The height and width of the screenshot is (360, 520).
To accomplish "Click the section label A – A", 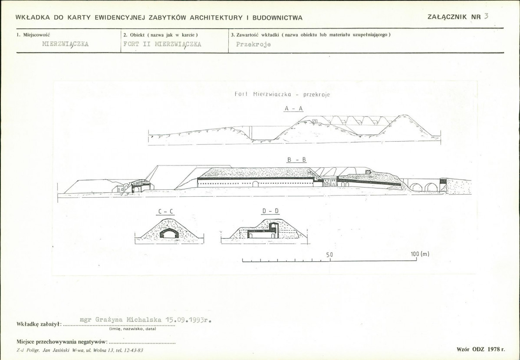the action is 293,109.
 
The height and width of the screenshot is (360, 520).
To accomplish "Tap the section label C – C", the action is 165,211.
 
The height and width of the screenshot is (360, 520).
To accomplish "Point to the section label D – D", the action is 270,211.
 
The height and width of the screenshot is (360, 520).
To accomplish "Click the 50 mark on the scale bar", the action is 329,254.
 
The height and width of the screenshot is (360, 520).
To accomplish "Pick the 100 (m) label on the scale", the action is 420,254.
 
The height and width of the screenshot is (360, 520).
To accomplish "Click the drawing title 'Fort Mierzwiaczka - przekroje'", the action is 282,94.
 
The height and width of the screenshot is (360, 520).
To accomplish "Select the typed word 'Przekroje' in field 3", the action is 253,44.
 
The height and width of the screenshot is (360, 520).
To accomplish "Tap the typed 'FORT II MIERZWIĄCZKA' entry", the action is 162,44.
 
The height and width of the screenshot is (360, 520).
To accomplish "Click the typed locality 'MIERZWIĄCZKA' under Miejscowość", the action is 66,44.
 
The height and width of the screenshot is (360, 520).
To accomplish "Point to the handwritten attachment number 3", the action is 486,16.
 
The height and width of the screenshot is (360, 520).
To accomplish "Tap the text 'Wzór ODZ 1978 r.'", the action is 481,349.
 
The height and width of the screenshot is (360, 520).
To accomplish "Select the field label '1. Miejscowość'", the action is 33,34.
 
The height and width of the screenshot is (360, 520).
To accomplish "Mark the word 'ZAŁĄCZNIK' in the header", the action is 447,17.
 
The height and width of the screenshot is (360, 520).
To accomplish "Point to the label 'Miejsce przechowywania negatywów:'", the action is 62,342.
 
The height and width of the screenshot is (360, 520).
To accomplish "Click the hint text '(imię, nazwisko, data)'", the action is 132,329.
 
